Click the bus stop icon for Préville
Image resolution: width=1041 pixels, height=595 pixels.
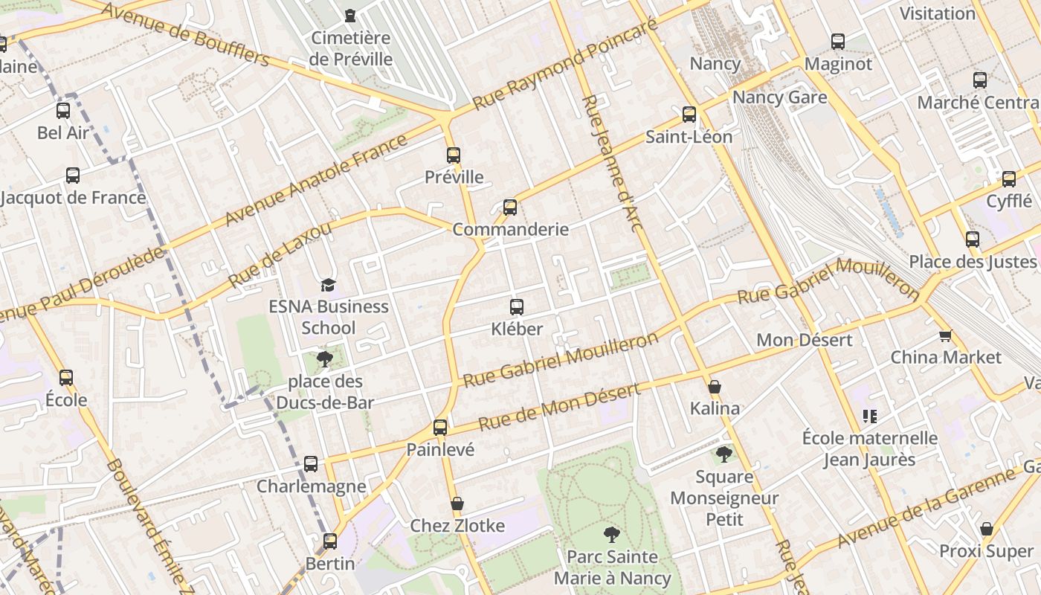point(454,155)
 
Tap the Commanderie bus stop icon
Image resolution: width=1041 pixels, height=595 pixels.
point(510,208)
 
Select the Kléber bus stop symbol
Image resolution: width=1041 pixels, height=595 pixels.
point(516,306)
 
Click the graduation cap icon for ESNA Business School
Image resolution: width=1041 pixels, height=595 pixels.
point(328,285)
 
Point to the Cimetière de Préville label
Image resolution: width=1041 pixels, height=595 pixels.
point(351,48)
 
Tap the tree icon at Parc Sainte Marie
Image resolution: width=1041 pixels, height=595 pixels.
point(611,534)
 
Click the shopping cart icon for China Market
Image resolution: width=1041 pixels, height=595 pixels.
point(945,335)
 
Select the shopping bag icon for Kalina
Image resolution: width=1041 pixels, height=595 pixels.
point(715,387)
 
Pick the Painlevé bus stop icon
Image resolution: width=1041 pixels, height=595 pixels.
point(440,428)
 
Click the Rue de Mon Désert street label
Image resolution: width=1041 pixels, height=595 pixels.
point(558,408)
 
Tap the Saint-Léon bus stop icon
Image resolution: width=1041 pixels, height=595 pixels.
point(689,115)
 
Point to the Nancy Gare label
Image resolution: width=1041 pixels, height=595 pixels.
point(779,97)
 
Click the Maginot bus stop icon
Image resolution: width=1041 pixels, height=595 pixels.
point(838,42)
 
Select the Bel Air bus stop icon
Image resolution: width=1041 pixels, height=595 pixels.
point(63,111)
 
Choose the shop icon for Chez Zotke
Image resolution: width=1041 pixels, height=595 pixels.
point(457,504)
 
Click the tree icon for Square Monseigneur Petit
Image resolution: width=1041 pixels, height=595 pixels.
point(724,454)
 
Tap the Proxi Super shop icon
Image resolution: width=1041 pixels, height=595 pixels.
point(986,530)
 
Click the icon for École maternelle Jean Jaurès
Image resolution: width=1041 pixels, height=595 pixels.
point(869,416)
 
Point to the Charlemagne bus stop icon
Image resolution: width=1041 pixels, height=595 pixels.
point(311,464)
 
